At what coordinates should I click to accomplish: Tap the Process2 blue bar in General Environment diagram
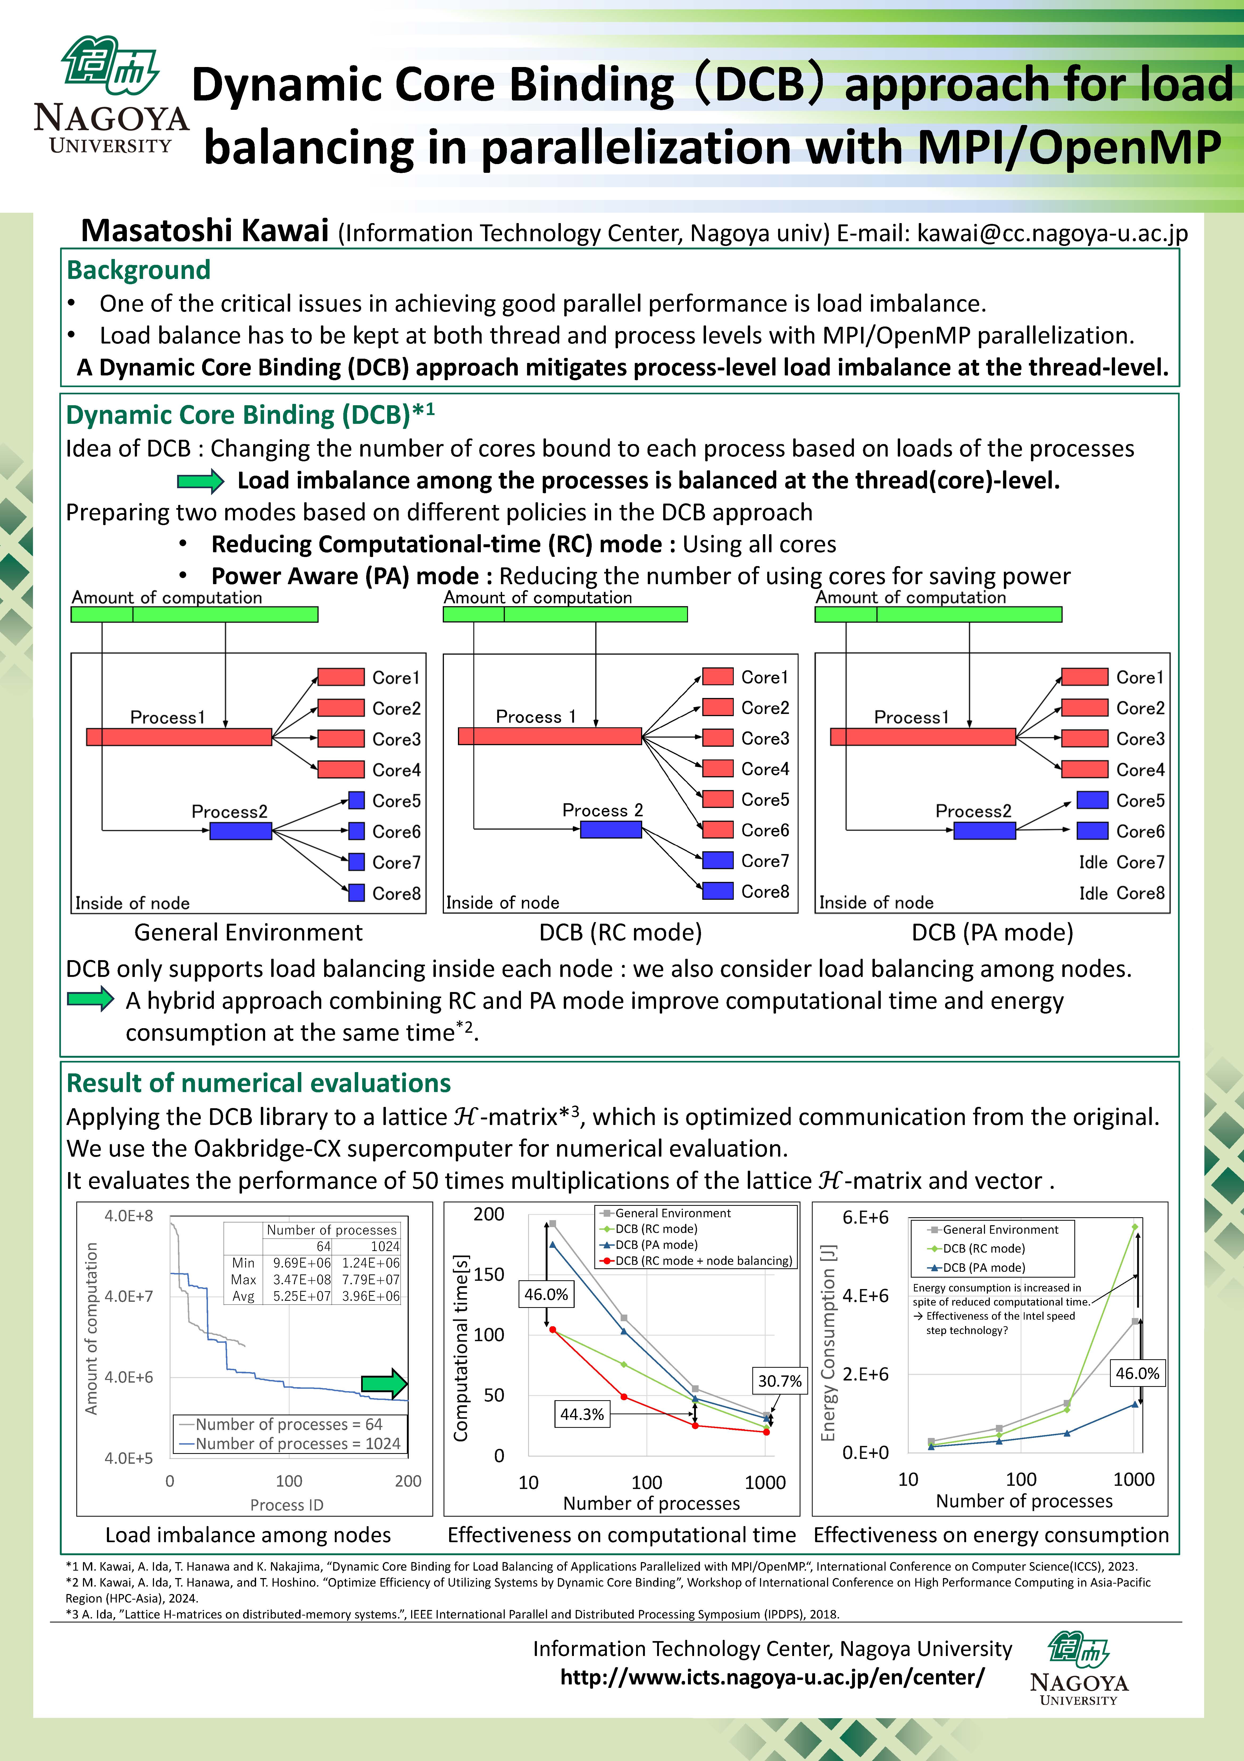coord(241,831)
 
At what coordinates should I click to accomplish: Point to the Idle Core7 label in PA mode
coord(1121,862)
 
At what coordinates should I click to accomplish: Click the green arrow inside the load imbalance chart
coord(384,1384)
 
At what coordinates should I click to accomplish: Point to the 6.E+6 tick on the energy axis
coord(865,1217)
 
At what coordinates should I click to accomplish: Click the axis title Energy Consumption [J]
coord(828,1342)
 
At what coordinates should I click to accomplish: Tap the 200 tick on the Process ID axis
coord(408,1481)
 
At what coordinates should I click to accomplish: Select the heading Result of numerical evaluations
coord(258,1083)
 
